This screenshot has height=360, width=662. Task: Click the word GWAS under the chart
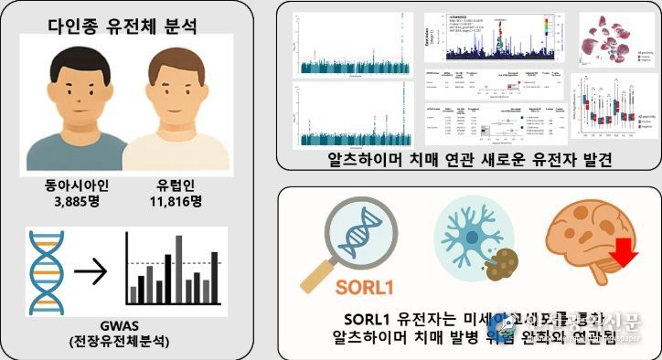coord(125,323)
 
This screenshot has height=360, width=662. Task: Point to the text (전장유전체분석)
coord(125,340)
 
